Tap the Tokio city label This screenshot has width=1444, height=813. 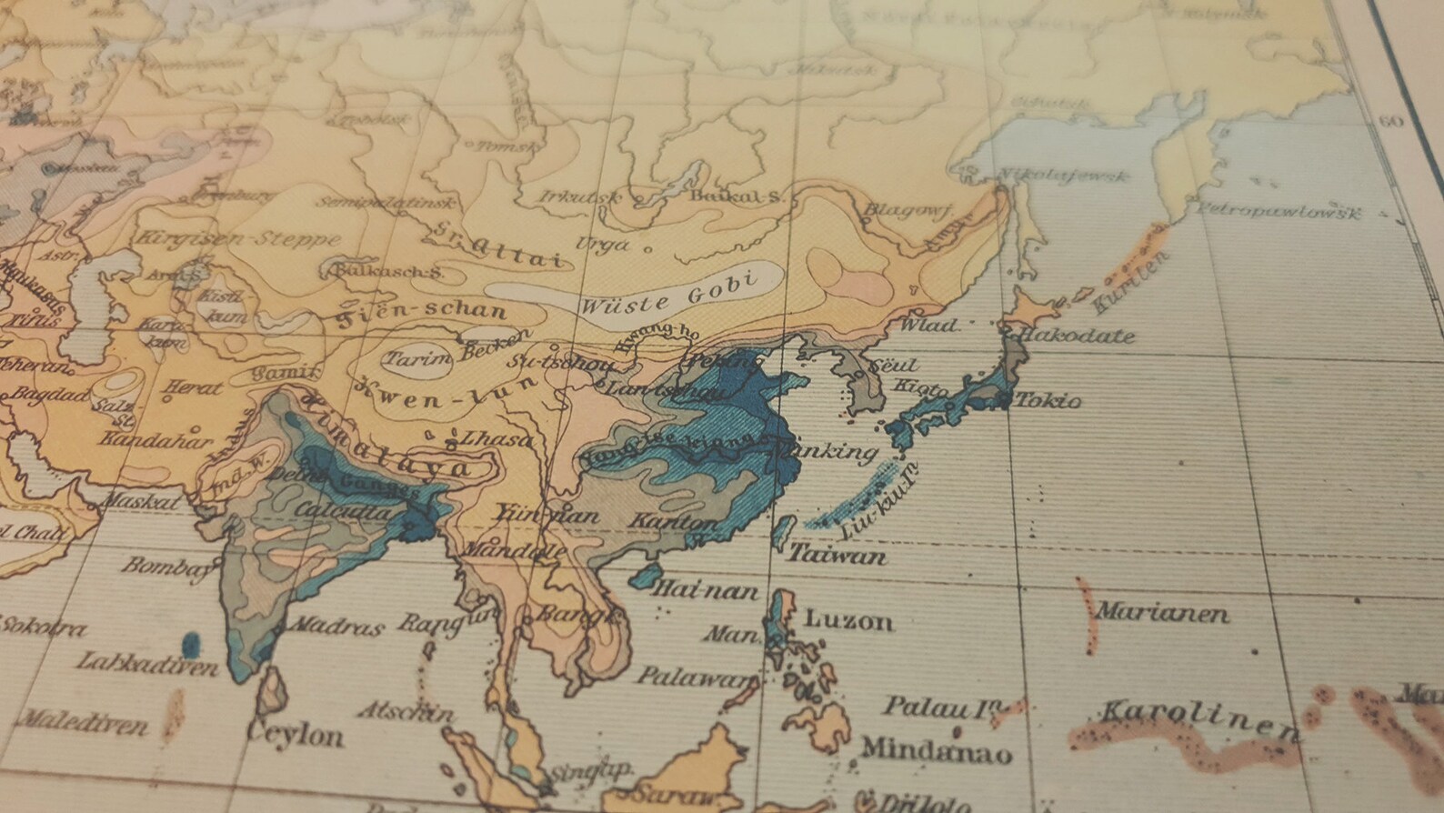point(1048,400)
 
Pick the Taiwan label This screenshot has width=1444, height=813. point(837,554)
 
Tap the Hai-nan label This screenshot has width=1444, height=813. point(705,591)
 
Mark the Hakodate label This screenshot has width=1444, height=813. point(1078,336)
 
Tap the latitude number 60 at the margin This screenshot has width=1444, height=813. point(1390,122)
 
